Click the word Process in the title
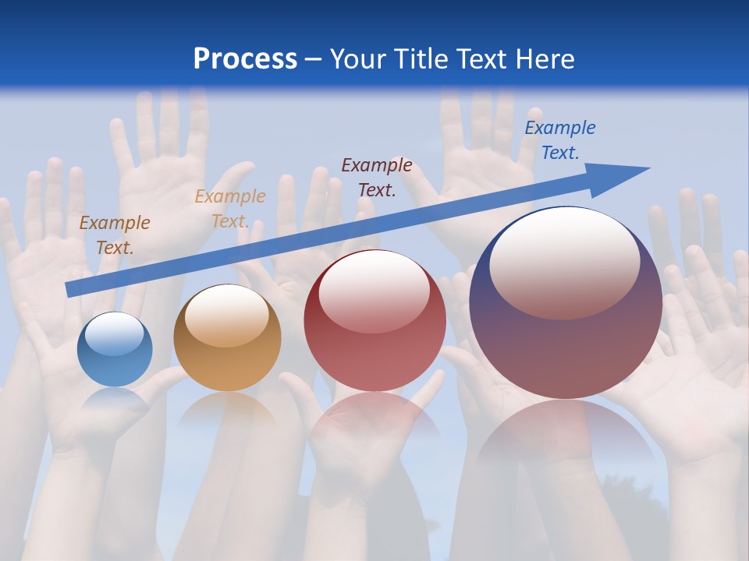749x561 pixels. click(x=245, y=59)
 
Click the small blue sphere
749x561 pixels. click(x=115, y=350)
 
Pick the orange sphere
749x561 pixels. click(x=227, y=340)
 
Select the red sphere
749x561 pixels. click(x=374, y=321)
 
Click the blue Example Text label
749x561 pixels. click(x=559, y=140)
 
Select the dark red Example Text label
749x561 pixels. click(x=377, y=177)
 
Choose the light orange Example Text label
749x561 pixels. click(x=230, y=208)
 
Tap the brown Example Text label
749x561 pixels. click(x=115, y=235)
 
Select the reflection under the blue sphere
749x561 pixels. click(x=115, y=401)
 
